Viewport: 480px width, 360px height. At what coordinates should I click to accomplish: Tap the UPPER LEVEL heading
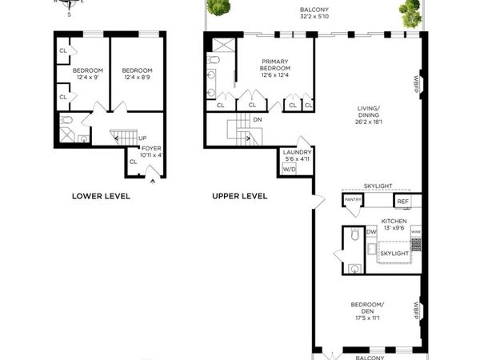pos(239,196)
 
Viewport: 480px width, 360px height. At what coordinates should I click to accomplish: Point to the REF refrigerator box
pos(402,202)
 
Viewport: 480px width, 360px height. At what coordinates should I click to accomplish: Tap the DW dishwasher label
pos(371,232)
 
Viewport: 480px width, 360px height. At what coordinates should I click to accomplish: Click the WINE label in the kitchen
pos(415,232)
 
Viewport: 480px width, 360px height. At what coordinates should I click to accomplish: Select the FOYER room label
pos(151,148)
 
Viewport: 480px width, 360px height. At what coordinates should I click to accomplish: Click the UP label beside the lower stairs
pos(142,138)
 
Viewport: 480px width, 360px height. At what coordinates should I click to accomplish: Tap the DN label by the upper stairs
pos(257,120)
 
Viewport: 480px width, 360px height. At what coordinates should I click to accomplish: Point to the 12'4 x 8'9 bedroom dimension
pos(137,78)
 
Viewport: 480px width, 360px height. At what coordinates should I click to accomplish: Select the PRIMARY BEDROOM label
pos(275,65)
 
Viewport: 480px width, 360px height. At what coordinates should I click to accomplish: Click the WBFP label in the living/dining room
pos(417,83)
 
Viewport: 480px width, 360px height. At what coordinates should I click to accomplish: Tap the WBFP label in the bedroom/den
pos(417,310)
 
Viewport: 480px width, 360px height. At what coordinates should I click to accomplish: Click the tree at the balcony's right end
pos(410,12)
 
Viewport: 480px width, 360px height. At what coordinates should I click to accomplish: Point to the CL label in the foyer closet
pos(133,161)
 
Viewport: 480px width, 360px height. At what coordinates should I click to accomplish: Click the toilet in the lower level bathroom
pos(68,121)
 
